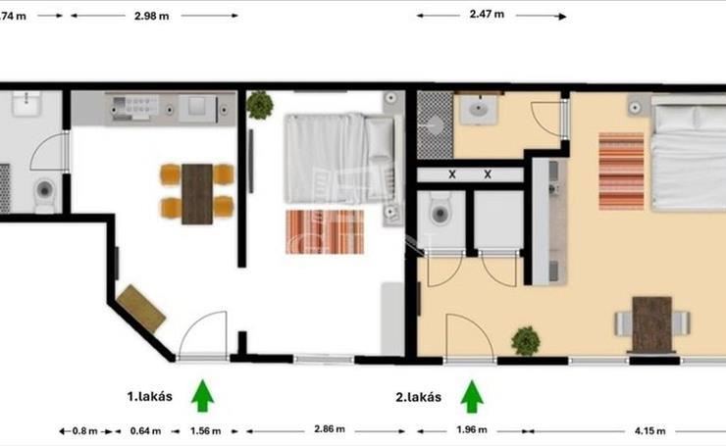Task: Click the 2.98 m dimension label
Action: pos(151,16)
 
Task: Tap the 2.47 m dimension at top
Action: pos(487,14)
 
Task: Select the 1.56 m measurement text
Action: pos(206,430)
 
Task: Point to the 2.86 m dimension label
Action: pos(330,429)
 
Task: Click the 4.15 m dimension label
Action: pos(650,430)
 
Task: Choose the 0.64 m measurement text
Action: pos(145,430)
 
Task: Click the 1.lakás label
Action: pos(149,396)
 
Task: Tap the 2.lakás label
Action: pos(419,397)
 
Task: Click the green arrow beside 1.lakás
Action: pos(202,396)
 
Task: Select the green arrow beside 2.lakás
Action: pos(472,396)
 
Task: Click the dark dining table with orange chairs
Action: pos(197,194)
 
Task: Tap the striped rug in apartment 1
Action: pos(325,232)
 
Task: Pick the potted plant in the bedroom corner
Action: pos(260,105)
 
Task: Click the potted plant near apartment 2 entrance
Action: pos(526,341)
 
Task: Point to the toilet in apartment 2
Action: pos(441,210)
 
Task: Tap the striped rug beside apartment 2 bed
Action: pos(621,172)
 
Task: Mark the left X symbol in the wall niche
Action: pos(452,174)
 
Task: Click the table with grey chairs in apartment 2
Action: pos(652,323)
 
